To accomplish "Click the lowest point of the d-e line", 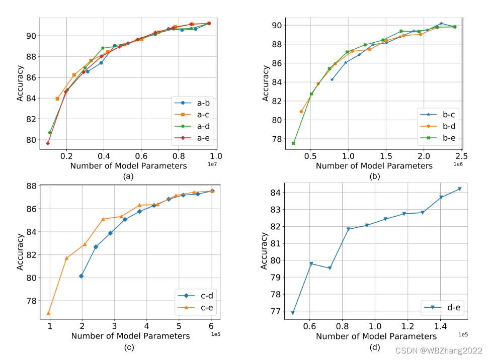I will [293, 313].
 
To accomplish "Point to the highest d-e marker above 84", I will [459, 189].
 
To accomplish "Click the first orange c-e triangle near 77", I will [49, 313].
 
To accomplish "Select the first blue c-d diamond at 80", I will [81, 276].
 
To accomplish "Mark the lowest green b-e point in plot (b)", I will [293, 143].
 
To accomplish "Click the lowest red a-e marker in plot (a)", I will [48, 143].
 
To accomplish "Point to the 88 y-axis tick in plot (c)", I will [31, 186].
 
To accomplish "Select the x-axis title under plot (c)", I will [130, 335].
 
